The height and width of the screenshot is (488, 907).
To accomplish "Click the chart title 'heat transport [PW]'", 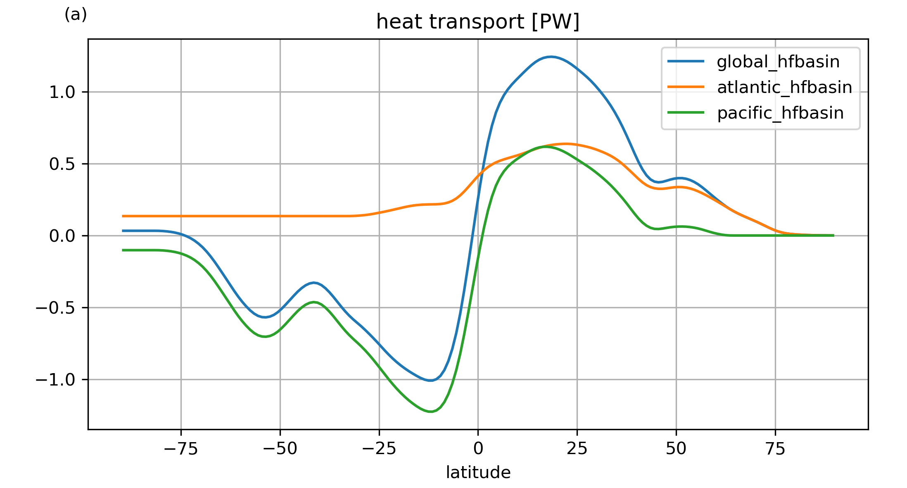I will pos(478,22).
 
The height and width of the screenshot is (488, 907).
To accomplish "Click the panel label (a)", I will pos(76,15).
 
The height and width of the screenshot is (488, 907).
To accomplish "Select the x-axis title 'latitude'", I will pos(478,472).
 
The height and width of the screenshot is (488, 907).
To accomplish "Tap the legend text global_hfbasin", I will pos(778,62).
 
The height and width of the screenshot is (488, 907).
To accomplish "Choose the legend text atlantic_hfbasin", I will pos(784,88).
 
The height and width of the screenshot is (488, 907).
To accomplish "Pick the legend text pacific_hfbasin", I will pos(780,113).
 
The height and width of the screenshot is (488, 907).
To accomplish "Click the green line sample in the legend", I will pos(686,113).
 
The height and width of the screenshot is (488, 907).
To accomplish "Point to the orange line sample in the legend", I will pos(686,87).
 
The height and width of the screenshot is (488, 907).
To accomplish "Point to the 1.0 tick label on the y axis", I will pos(62,92).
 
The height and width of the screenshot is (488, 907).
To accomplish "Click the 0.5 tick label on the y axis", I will pos(62,164).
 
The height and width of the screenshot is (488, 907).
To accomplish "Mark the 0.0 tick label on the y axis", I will pos(62,236).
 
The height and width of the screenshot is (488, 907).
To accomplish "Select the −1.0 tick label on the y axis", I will pos(55,380).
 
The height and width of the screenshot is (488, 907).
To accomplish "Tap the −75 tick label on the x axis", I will pos(181,449).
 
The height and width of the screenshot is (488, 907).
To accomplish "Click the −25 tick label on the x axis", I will pos(379,449).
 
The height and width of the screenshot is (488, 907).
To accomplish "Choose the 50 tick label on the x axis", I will pos(676,449).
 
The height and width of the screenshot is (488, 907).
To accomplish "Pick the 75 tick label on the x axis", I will pos(775,449).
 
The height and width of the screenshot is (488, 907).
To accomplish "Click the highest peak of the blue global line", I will pos(551,57).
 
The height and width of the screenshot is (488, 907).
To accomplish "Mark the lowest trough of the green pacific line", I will pos(430,412).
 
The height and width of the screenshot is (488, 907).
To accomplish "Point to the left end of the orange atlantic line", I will pos(123,216).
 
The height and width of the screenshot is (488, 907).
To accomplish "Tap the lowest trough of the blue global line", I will pos(430,380).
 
